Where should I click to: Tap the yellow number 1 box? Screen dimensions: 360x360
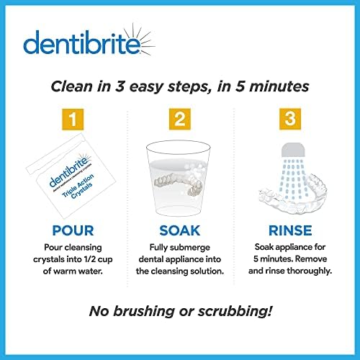click(x=68, y=118)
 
